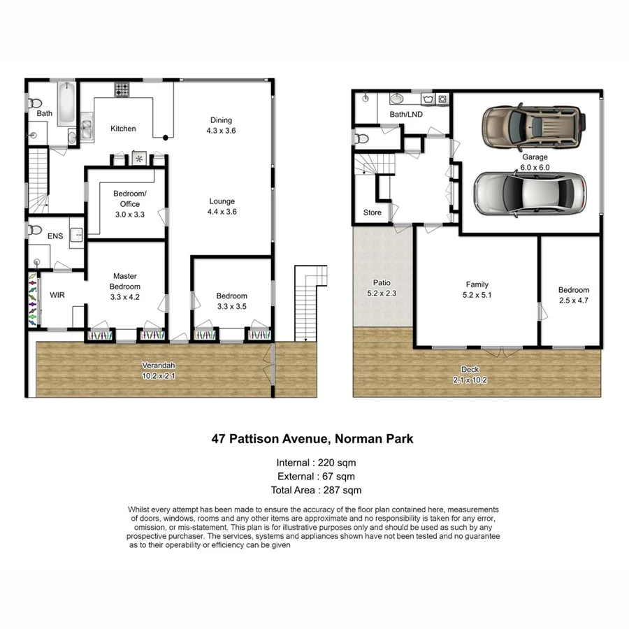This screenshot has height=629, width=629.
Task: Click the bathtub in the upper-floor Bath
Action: point(66,103)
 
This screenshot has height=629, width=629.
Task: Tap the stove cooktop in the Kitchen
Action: point(122,89)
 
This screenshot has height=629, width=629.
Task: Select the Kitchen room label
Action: point(123,129)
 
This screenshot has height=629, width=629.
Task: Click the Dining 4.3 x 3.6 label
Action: point(221,125)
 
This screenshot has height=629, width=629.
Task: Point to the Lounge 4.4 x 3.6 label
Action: point(222,206)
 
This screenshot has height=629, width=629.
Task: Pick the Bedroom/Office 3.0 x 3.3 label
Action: point(129,204)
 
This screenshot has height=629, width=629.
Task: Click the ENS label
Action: point(55,236)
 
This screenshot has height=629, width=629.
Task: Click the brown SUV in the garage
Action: point(532,126)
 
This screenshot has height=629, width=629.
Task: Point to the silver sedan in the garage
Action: point(530,193)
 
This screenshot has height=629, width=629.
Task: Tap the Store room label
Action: point(372,212)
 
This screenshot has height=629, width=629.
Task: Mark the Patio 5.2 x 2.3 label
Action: point(382,288)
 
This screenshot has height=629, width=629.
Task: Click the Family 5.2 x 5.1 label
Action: point(477,289)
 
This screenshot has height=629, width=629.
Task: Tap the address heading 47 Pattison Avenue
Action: point(313,439)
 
